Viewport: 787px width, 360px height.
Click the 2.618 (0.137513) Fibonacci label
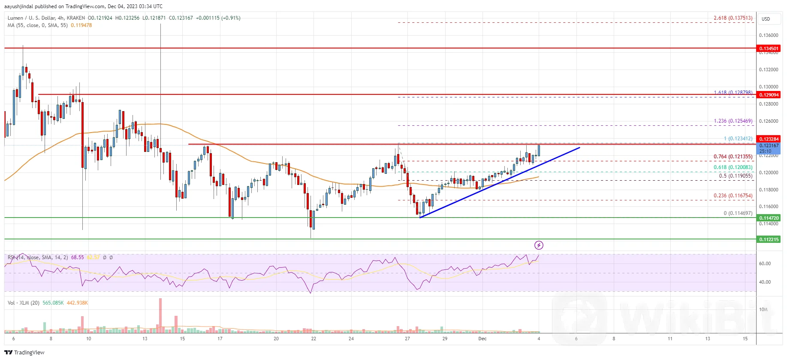pyautogui.click(x=733, y=18)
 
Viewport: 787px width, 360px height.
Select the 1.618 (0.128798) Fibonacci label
pyautogui.click(x=733, y=93)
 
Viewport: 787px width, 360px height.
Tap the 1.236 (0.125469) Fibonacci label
pyautogui.click(x=733, y=121)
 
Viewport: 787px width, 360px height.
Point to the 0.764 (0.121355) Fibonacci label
pyautogui.click(x=733, y=157)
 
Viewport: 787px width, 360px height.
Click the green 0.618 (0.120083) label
pyautogui.click(x=733, y=167)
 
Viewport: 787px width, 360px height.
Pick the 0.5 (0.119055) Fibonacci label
pyautogui.click(x=735, y=176)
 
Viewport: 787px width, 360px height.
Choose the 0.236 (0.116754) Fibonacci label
pyautogui.click(x=733, y=196)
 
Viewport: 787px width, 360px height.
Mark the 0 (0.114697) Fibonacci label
pyautogui.click(x=738, y=213)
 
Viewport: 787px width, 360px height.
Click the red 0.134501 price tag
pyautogui.click(x=769, y=48)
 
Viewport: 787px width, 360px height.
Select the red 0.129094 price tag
pyautogui.click(x=769, y=95)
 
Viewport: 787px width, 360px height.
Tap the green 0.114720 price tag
pyautogui.click(x=769, y=218)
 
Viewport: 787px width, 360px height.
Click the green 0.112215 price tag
pyautogui.click(x=769, y=239)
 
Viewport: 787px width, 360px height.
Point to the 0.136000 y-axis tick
pyautogui.click(x=768, y=35)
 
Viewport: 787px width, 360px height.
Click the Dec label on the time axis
pyautogui.click(x=482, y=339)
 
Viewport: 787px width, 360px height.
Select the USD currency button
pyautogui.click(x=766, y=19)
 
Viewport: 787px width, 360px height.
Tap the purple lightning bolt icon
pyautogui.click(x=539, y=245)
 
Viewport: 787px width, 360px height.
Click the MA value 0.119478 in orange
pyautogui.click(x=81, y=25)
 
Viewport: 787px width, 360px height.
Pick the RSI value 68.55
pyautogui.click(x=77, y=257)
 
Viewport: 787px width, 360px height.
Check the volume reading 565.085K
pyautogui.click(x=53, y=303)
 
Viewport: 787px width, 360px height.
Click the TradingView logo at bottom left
pyautogui.click(x=24, y=352)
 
